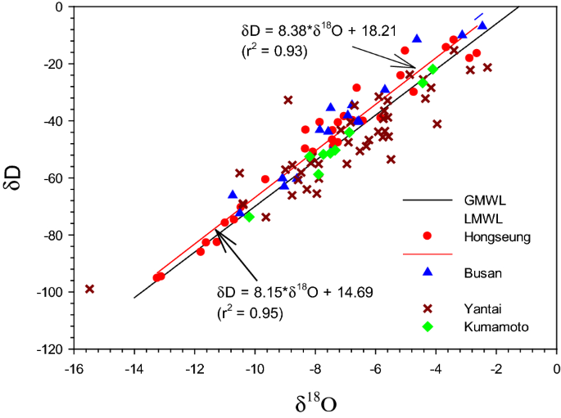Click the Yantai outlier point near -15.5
(90, 289)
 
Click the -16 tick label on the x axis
(74, 370)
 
